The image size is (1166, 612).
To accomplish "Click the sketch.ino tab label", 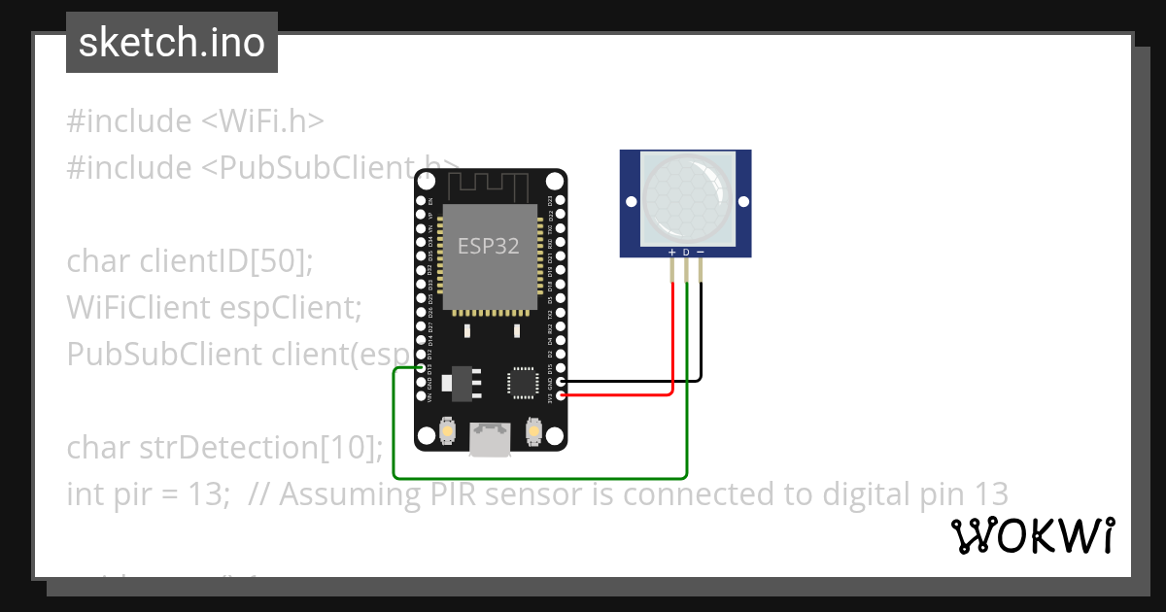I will click(172, 43).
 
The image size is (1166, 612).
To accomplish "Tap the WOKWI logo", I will click(1032, 536).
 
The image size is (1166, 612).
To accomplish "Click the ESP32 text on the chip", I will click(489, 246).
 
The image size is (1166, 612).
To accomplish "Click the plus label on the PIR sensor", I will click(671, 253).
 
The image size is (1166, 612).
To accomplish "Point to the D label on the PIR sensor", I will click(686, 253).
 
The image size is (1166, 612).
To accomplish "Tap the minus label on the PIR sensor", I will click(701, 253).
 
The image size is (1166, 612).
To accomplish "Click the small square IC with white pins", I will click(522, 382).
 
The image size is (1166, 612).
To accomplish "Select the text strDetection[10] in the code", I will click(257, 448).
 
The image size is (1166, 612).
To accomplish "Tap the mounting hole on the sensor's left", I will click(632, 202).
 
